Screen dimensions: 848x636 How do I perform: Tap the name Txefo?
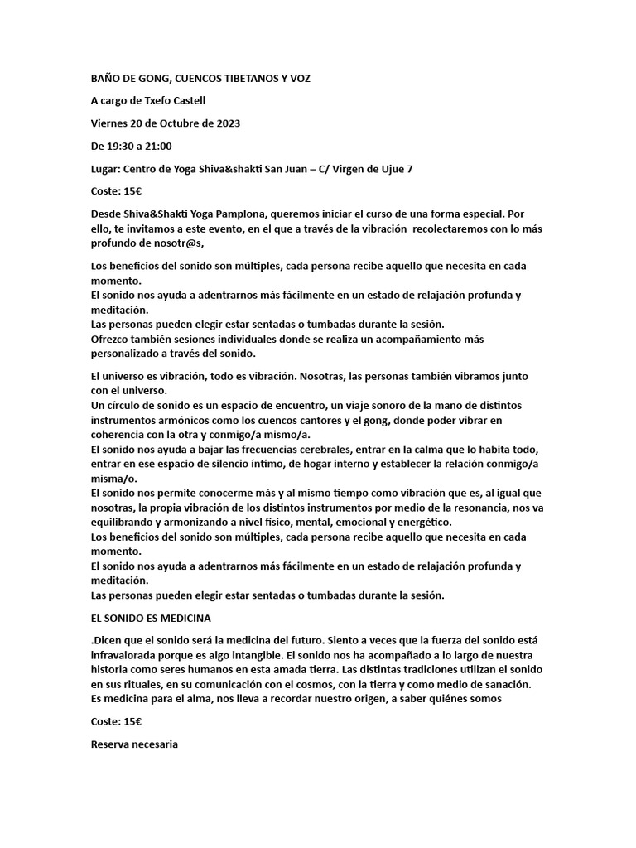coord(166,101)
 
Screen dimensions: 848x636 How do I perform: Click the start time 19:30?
coord(120,146)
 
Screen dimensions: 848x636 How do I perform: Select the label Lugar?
coord(105,169)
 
